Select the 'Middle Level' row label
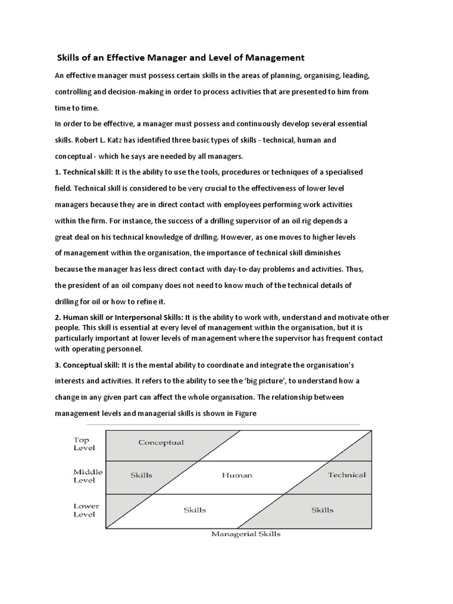[x=87, y=476]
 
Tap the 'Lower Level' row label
[x=86, y=510]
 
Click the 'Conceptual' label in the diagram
[x=160, y=442]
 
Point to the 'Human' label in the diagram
[x=237, y=475]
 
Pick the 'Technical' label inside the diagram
[x=347, y=475]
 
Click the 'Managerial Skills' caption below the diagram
[x=246, y=534]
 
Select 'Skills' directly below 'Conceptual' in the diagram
[x=140, y=475]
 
